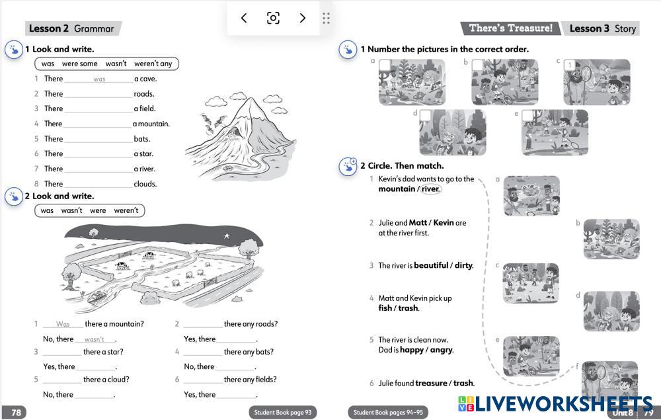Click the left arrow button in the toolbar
pos(244,18)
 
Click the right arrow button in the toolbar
pos(302,18)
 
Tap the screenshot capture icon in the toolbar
pos(273,18)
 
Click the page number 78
pos(16,413)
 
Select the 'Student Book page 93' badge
pos(282,413)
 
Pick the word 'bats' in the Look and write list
pos(141,139)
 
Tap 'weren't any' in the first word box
pos(153,63)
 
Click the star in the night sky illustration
pos(227,235)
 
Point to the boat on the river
pos(97,296)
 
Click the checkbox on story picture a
pos(385,65)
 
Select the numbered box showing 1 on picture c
pos(570,65)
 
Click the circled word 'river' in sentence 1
pos(430,189)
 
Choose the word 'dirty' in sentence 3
pos(463,265)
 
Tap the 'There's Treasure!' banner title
pos(510,28)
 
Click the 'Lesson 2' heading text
pos(48,28)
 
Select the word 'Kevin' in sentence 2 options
pos(444,222)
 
